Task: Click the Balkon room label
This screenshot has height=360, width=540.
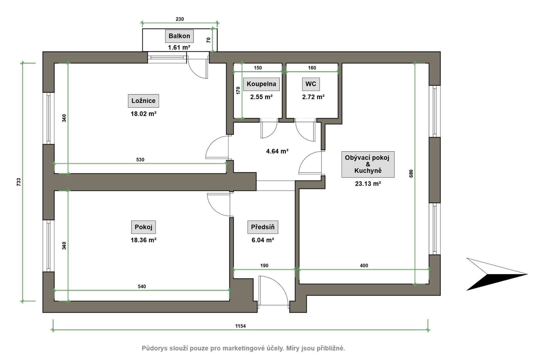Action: (x=179, y=36)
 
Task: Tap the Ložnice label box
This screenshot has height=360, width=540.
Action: (x=143, y=101)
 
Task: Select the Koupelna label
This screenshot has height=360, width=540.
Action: (x=261, y=84)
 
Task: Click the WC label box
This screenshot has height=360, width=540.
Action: (x=311, y=84)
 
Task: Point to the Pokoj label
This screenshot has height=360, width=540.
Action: (x=143, y=227)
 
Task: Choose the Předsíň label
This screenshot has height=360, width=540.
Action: (x=263, y=227)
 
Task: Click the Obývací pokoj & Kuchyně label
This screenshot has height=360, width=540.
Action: (x=368, y=164)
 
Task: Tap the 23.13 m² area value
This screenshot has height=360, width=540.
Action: (x=368, y=184)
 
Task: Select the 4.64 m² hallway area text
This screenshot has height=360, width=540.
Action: (x=277, y=151)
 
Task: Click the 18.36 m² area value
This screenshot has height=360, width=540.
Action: (x=143, y=240)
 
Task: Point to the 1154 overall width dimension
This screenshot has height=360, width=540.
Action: (x=240, y=326)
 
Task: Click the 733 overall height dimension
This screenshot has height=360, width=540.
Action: (x=19, y=182)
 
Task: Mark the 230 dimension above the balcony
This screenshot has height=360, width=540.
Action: (x=180, y=19)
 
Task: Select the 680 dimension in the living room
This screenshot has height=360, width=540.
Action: (x=411, y=173)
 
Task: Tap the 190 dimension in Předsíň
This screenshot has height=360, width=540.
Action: (x=264, y=265)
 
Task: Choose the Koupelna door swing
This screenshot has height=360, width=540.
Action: (x=269, y=129)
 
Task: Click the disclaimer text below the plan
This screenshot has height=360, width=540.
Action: (x=243, y=348)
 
